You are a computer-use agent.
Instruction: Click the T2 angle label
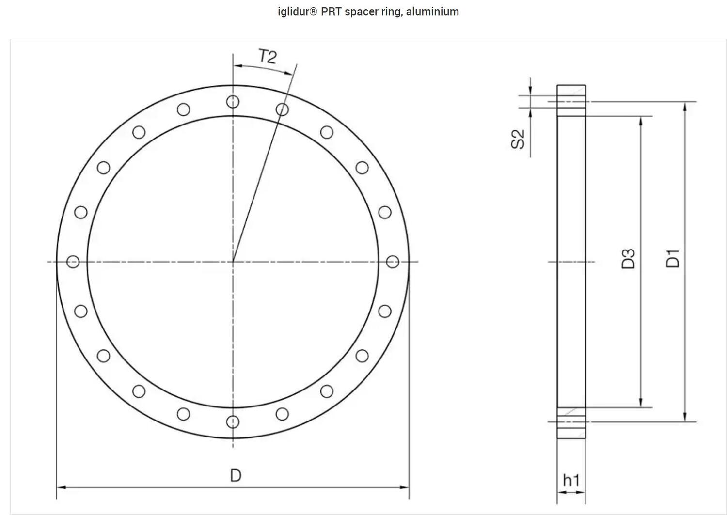coord(267,57)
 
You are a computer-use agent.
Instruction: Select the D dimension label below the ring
coord(235,475)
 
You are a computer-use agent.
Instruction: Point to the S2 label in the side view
coord(518,139)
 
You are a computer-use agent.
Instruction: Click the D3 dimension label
coord(628,259)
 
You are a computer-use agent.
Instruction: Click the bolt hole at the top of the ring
coord(233,102)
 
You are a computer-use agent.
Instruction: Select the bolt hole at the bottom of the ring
coord(233,422)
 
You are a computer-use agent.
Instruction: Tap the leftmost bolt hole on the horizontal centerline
coord(73,262)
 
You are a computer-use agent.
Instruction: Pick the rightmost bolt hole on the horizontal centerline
coord(393,262)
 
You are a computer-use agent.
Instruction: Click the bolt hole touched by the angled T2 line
coord(282,109)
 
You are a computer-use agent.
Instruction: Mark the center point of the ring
coord(233,262)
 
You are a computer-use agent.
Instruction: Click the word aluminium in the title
coord(432,12)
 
